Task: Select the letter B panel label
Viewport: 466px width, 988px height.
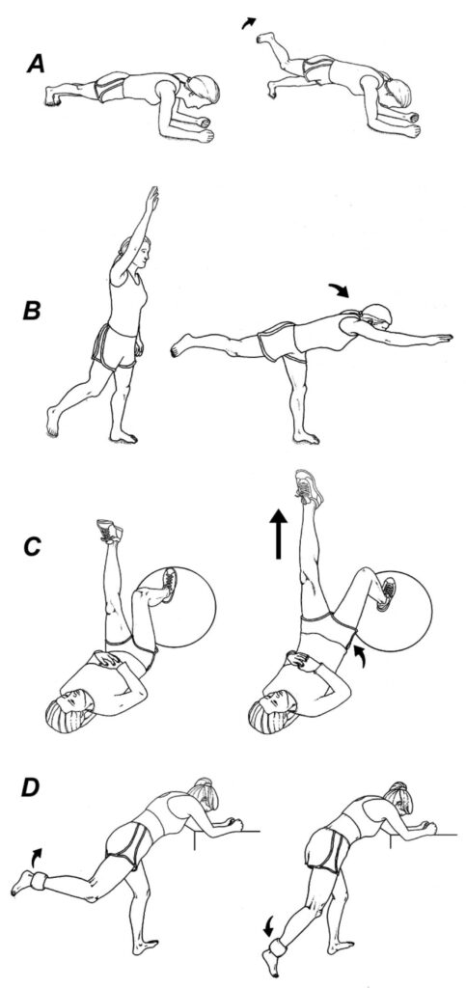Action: pos(32,313)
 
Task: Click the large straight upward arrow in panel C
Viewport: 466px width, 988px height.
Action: pos(277,534)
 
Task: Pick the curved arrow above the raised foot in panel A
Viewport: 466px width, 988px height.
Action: pos(249,23)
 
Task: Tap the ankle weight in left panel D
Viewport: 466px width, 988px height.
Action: pos(38,880)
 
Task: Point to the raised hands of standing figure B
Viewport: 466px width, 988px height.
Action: pos(151,199)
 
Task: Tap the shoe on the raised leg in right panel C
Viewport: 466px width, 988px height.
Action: pos(309,486)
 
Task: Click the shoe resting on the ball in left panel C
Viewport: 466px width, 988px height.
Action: pos(169,585)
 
